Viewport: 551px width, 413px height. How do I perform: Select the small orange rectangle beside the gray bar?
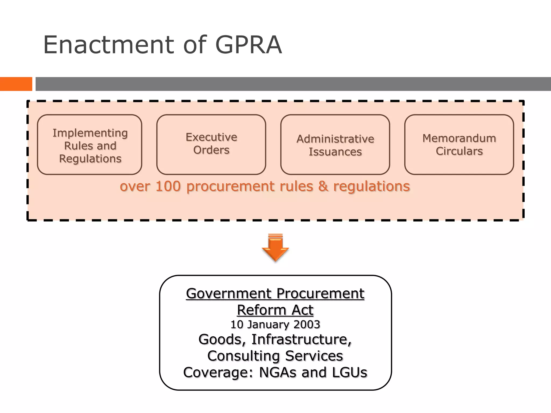(16, 84)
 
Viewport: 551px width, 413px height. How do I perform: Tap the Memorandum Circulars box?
(459, 145)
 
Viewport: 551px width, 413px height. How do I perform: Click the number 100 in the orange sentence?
(168, 186)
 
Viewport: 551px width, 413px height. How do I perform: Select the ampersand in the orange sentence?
(323, 186)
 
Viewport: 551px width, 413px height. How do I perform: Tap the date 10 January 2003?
(275, 325)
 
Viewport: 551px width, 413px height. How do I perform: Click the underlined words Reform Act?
(275, 310)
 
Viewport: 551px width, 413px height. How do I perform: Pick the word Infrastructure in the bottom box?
(301, 339)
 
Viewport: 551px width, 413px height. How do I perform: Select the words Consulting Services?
(275, 356)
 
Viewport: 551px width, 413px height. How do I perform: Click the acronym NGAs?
(278, 372)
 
